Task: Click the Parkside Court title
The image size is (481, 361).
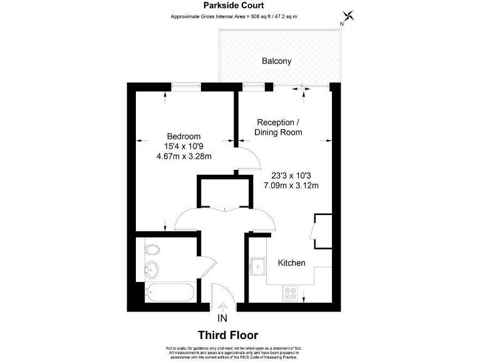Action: (234, 6)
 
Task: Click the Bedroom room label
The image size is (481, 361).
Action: (184, 137)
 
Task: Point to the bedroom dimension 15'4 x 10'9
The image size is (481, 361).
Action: (184, 147)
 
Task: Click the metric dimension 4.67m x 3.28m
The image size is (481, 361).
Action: (184, 157)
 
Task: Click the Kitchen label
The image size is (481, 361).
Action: (291, 263)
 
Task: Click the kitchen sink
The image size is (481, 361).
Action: (257, 266)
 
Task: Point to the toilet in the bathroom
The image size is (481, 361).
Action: (152, 250)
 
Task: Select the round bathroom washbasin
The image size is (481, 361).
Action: (152, 271)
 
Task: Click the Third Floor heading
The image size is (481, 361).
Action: (228, 335)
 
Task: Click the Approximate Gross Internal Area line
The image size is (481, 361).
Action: (234, 16)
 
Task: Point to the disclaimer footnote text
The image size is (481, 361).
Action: (234, 352)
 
